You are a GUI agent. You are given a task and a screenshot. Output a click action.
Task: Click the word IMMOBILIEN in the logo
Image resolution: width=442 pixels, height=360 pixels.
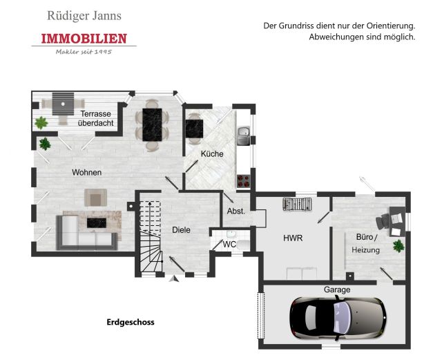[84, 39]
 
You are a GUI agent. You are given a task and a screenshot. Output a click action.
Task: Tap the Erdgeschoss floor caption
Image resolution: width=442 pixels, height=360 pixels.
[131, 322]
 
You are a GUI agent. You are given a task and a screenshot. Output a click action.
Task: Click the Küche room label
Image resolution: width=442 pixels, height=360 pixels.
[212, 154]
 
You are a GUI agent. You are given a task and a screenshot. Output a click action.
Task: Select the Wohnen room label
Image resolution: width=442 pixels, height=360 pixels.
[86, 172]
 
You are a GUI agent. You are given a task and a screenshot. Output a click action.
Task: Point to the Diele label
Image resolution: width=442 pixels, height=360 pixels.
[181, 230]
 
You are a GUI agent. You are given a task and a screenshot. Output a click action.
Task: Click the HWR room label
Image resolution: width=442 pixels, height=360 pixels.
[293, 238]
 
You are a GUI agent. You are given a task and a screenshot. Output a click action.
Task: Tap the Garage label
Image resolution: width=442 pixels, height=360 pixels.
[337, 290]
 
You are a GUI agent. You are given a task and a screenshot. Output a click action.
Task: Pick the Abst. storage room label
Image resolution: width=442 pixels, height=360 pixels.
[236, 211]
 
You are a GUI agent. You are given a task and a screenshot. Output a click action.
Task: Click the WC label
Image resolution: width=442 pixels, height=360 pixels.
[229, 245]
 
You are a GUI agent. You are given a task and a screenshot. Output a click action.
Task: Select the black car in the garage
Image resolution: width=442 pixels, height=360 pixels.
[338, 318]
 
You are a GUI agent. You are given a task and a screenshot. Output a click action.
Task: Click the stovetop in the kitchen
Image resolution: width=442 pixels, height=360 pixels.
[244, 181]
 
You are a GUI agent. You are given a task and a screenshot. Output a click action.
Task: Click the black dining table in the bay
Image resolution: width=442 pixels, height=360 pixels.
[152, 124]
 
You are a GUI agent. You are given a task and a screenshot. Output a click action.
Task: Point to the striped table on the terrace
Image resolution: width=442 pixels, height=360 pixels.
[63, 104]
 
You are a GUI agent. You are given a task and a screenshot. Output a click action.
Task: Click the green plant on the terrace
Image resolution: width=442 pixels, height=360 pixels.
[41, 123]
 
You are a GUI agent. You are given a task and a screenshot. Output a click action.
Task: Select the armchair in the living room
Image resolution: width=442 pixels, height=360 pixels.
[95, 198]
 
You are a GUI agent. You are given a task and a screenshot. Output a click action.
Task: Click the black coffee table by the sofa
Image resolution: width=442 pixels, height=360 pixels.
[97, 223]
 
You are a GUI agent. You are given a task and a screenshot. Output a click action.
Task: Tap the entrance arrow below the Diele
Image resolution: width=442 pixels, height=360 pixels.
[175, 278]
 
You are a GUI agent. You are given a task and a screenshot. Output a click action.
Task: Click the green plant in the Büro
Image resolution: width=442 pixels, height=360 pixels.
[398, 246]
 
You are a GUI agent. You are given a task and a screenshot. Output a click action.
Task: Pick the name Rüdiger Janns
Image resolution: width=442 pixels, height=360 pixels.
[84, 16]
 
